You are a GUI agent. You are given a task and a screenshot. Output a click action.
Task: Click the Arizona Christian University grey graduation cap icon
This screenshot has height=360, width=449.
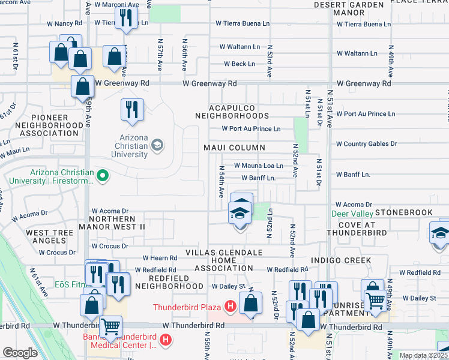coord(157,144)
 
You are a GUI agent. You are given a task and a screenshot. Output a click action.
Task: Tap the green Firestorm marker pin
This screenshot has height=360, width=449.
coord(103,176)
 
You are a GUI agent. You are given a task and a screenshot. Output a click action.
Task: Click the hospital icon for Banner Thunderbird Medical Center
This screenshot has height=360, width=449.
coord(166,340)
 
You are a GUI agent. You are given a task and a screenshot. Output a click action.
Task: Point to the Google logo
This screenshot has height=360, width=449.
coord(20,353)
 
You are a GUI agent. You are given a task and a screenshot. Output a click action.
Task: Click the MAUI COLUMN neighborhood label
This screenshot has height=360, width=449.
coord(234,148)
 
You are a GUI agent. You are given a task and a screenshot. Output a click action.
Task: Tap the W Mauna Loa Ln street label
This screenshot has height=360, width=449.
coord(258,165)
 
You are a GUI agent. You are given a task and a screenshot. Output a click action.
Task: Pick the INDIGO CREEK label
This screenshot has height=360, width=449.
coord(340,260)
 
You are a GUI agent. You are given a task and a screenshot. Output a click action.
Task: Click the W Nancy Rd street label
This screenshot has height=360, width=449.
coord(64,23)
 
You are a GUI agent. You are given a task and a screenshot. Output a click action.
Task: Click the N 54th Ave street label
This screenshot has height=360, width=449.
coord(221,183)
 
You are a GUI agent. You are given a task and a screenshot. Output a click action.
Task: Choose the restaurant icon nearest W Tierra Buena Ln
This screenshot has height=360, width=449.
coord(126,18)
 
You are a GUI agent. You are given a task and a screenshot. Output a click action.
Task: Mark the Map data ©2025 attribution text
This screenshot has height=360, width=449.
coord(423,355)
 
